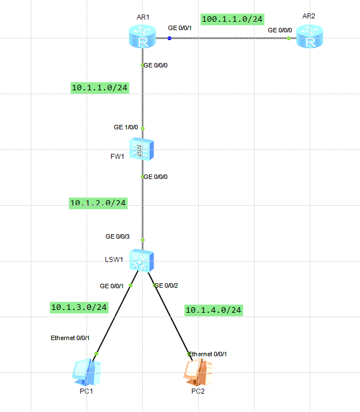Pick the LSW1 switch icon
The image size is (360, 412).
coord(142,260)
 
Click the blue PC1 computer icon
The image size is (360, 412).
coord(87,372)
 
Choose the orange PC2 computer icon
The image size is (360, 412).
coord(198,372)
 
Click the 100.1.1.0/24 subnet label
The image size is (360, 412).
coord(232,19)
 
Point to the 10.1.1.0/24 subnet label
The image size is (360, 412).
coord(100,88)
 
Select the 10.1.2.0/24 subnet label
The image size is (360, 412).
coord(98,203)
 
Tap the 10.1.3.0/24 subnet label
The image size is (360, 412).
coord(79,307)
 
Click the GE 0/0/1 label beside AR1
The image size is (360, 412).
coord(180,28)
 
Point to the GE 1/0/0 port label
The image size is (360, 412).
coord(126,127)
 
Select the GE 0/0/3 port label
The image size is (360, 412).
coord(118,236)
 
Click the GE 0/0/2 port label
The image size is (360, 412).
coord(166,285)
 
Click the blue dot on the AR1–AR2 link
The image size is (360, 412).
coord(169,38)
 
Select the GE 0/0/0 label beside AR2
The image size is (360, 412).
coord(280,30)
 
